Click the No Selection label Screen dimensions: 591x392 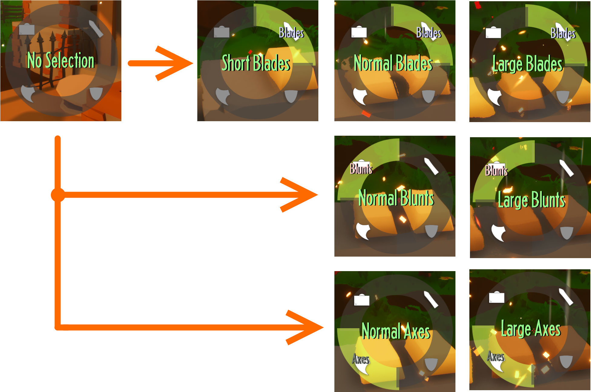pyautogui.click(x=61, y=60)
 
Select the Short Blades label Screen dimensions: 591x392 pyautogui.click(x=256, y=63)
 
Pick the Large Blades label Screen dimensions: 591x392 pyautogui.click(x=527, y=64)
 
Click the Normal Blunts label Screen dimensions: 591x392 pyautogui.click(x=396, y=198)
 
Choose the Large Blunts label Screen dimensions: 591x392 pyautogui.click(x=531, y=199)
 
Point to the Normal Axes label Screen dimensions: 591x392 pyautogui.click(x=396, y=331)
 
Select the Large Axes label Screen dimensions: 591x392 pyautogui.click(x=531, y=329)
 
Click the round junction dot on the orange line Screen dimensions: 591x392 pyautogui.click(x=58, y=195)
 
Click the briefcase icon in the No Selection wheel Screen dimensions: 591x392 pyautogui.click(x=27, y=29)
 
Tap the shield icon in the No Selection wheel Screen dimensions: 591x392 pyautogui.click(x=96, y=93)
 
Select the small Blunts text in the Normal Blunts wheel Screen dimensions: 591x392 pyautogui.click(x=361, y=169)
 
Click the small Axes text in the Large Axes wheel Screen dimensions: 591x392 pyautogui.click(x=496, y=356)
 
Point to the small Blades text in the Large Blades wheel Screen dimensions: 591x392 pyautogui.click(x=563, y=33)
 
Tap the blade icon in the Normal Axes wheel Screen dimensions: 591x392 pyautogui.click(x=431, y=299)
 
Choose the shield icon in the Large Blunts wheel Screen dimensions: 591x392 pyautogui.click(x=566, y=233)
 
